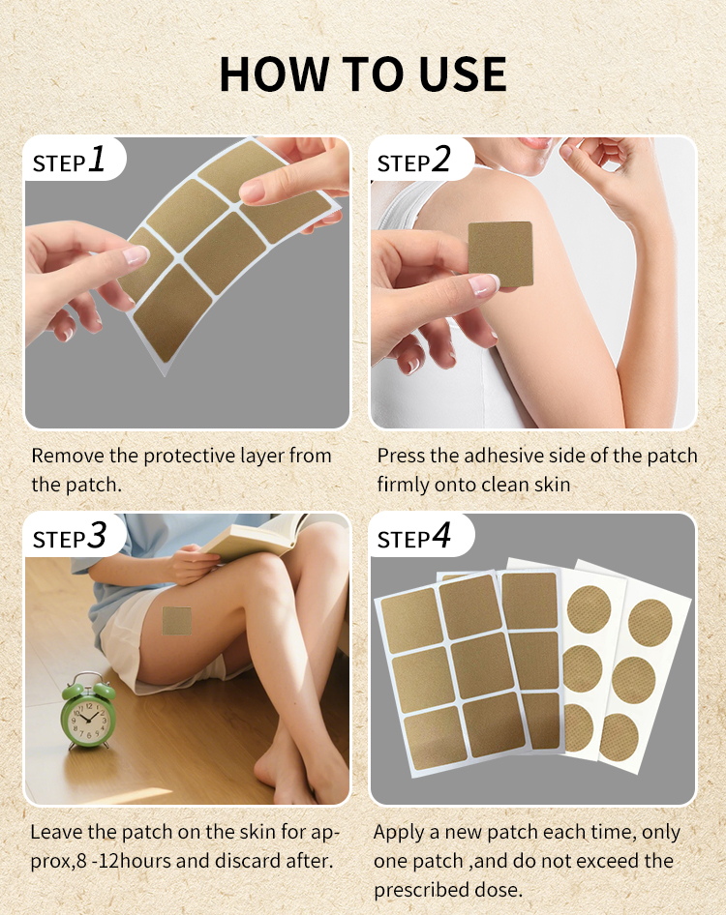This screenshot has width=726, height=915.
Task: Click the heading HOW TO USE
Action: (x=363, y=74)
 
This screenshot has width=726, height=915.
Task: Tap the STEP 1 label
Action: (x=70, y=161)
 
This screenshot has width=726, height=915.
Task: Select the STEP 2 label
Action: (x=414, y=161)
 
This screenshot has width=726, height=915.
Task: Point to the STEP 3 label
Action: (x=70, y=537)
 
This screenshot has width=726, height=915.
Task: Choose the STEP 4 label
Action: (x=414, y=537)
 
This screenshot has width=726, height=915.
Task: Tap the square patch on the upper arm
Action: (x=500, y=254)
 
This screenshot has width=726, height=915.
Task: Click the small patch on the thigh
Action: (x=177, y=621)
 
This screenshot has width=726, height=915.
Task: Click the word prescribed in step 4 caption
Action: (x=433, y=889)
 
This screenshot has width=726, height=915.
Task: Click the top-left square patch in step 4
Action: (x=411, y=619)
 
